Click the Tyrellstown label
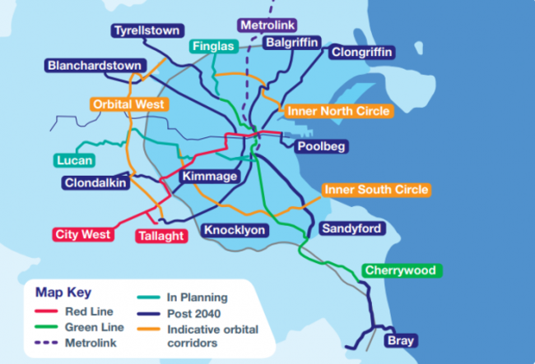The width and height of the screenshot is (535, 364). point(147,31)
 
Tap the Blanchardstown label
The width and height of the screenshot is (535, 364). point(95,65)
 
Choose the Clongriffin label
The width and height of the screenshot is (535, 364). point(362,53)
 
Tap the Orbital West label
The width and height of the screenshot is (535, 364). point(130,105)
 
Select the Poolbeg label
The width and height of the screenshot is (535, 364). point(322,146)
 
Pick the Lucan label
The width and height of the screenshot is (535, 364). point(75,160)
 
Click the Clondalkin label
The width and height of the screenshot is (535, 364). point(96,182)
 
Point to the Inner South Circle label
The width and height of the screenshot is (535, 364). point(376,190)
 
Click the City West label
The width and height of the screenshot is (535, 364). point(83,235)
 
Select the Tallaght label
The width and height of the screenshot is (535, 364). point(160,236)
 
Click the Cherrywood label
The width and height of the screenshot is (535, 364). point(400,270)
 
